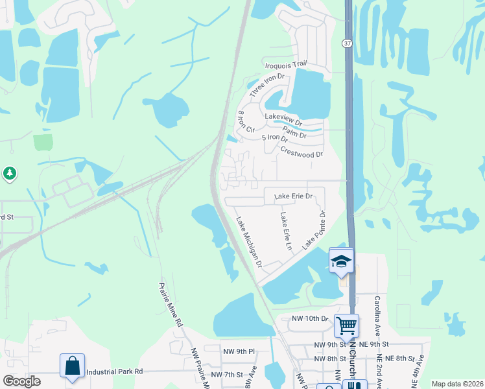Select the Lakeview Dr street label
(283, 118)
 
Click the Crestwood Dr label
(302, 152)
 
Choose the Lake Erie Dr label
(293, 196)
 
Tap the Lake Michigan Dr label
(249, 242)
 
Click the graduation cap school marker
(341, 261)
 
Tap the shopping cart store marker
(347, 325)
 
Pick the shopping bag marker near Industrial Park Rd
(72, 364)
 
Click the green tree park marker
(9, 173)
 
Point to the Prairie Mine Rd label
(171, 305)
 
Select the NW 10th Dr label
(311, 318)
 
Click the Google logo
(22, 381)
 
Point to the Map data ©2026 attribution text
(456, 384)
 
